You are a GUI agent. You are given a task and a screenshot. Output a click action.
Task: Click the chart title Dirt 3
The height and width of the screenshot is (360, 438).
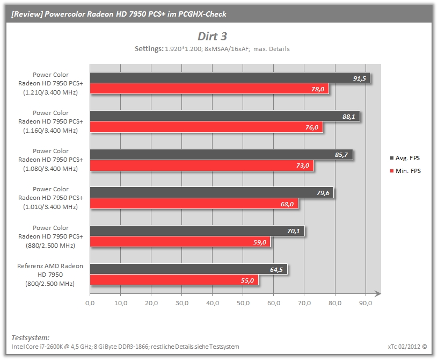(213, 37)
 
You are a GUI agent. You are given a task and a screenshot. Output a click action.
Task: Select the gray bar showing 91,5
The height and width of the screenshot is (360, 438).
(230, 78)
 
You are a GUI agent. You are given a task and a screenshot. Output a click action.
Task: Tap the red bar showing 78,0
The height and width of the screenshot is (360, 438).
(209, 89)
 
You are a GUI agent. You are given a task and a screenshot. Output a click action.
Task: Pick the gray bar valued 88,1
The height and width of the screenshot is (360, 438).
(225, 116)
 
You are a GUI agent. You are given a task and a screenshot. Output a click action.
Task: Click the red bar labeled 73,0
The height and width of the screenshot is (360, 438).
(202, 165)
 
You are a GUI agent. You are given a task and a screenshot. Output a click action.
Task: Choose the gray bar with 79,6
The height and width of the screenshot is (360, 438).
(211, 192)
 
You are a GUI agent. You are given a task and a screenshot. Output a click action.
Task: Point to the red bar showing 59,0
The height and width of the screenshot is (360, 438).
(180, 242)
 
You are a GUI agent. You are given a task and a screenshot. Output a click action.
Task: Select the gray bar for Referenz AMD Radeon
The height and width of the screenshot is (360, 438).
(188, 269)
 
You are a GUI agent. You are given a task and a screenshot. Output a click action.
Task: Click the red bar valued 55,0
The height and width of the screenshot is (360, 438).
(174, 280)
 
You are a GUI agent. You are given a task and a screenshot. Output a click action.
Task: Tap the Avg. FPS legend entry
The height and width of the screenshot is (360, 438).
(405, 158)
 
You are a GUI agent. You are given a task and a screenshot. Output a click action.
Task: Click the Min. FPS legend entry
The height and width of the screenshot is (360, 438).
(405, 171)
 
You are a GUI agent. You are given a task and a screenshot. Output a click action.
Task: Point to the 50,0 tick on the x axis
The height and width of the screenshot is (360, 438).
(243, 303)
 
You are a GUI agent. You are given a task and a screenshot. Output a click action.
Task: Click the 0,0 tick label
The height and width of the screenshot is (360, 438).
(90, 303)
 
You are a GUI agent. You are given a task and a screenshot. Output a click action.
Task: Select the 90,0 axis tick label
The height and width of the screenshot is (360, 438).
(366, 303)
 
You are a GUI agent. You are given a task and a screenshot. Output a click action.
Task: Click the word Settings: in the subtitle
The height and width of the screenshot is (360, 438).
(149, 49)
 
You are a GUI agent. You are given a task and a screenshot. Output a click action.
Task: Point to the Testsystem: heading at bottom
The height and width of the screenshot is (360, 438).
(31, 337)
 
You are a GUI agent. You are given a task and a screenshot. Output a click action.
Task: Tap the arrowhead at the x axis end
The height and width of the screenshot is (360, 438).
(378, 293)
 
